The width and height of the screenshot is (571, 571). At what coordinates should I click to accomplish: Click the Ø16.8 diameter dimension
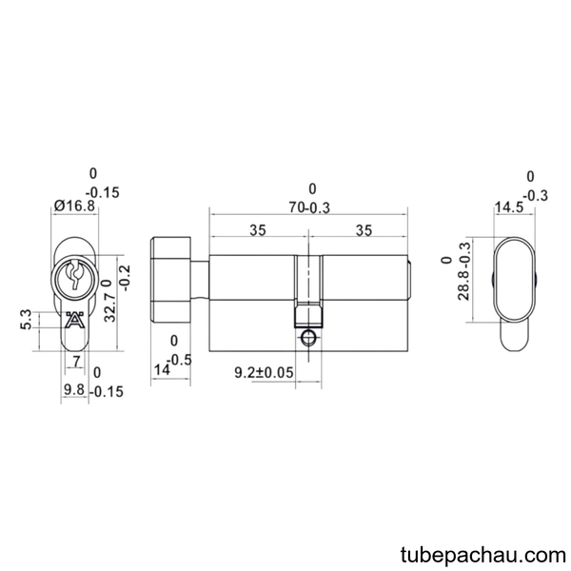(74, 207)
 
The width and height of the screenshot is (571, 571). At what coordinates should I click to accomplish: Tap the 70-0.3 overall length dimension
(309, 207)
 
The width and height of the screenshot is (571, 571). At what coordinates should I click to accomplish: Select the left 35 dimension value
(258, 230)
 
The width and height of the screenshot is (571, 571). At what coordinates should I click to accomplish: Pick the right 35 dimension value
(364, 230)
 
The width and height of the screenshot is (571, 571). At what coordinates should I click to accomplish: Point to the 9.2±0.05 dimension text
(264, 372)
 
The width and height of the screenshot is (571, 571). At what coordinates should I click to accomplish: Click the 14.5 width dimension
(509, 207)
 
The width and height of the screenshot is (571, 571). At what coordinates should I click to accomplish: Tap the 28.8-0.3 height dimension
(464, 271)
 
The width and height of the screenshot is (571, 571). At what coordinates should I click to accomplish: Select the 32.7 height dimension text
(109, 308)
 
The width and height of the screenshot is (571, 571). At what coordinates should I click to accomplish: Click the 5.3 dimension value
(27, 320)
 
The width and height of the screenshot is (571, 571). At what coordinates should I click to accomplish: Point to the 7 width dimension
(76, 362)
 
